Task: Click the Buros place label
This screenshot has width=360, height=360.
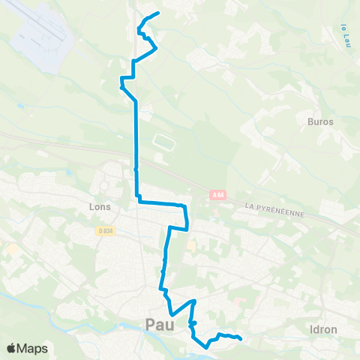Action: [320, 120]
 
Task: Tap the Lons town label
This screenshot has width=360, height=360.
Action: [99, 206]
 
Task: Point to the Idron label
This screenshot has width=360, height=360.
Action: [322, 329]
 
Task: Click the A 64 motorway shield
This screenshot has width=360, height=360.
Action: [217, 195]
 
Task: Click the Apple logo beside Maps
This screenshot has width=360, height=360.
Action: [13, 348]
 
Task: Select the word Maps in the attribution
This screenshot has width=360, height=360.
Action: [34, 348]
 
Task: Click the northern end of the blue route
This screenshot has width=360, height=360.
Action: [159, 13]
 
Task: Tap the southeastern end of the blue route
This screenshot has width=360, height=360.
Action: [240, 339]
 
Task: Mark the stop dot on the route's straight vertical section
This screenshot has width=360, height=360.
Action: [136, 170]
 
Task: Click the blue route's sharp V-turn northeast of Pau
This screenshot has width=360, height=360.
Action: [172, 314]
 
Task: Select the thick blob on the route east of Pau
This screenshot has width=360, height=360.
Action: [193, 323]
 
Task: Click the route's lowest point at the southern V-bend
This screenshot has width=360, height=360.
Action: [205, 347]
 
